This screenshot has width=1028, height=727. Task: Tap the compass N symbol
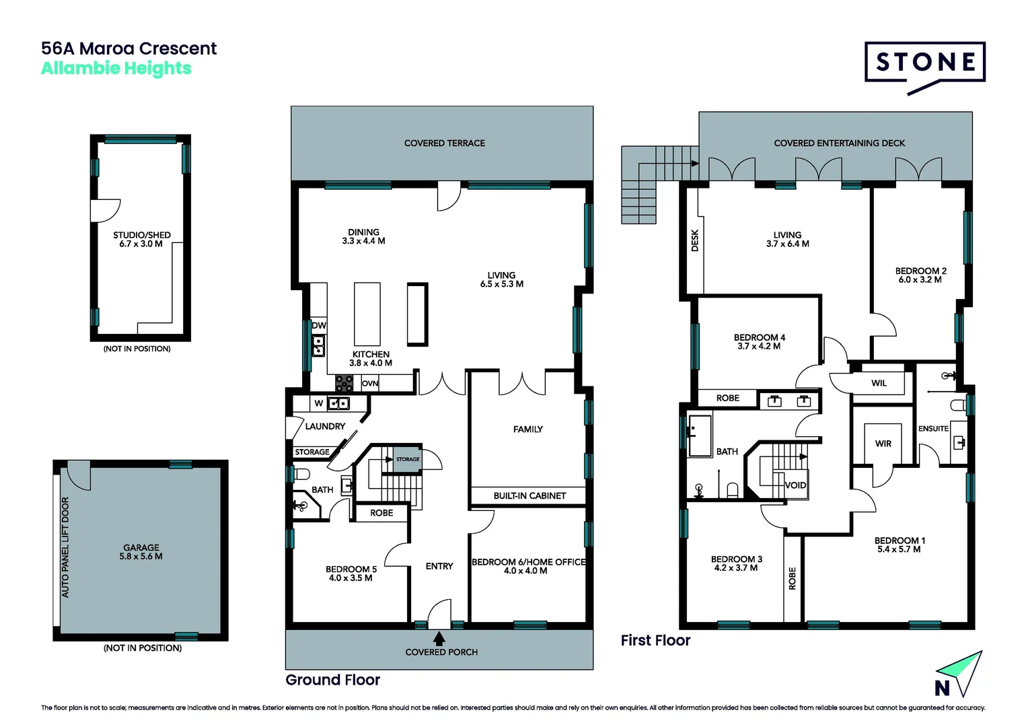[943, 688]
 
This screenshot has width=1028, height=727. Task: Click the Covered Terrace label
[444, 143]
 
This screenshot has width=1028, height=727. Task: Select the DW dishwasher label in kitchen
[319, 325]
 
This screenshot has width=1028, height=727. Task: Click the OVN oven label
[370, 384]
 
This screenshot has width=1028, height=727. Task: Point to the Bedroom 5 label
[351, 569]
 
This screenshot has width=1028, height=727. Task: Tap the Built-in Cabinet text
[529, 496]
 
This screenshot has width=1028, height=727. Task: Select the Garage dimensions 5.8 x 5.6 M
[141, 557]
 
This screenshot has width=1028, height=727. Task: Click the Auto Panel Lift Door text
[65, 547]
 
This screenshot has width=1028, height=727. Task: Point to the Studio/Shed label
[142, 235]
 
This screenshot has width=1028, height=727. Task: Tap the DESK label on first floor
[695, 240]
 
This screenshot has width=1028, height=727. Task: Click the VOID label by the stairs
[795, 485]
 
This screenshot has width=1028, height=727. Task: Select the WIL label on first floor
[879, 383]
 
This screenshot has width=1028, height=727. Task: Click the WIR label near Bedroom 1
[883, 444]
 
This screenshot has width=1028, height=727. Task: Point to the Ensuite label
[933, 429]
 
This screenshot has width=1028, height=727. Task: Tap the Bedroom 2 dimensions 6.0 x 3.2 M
[920, 280]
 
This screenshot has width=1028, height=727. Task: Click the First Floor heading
[655, 641]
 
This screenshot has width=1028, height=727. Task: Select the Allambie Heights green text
[116, 69]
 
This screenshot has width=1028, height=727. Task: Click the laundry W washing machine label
[319, 403]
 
